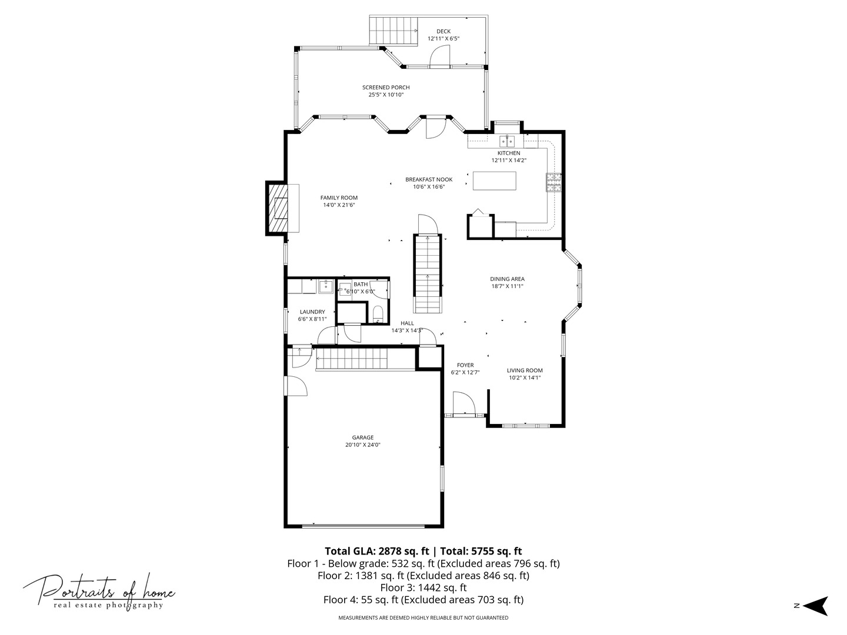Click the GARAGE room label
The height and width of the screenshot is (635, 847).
362,437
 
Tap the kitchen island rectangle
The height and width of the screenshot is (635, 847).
494,181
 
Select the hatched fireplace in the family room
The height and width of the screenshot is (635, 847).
277,208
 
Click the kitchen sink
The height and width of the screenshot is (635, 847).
507,141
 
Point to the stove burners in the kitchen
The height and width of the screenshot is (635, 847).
553,182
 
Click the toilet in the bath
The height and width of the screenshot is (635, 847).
378,314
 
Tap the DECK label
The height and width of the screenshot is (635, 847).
443,31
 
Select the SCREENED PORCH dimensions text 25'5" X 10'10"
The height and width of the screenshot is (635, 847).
386,95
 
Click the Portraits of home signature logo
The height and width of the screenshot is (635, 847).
99,592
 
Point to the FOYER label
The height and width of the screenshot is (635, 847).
465,365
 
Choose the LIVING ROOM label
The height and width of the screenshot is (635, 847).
525,370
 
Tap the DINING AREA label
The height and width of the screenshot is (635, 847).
507,279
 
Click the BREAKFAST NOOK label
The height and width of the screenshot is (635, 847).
429,179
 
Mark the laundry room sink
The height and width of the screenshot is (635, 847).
326,287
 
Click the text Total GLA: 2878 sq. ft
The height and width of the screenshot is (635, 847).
376,551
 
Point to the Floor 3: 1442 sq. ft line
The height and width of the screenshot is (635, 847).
423,587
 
